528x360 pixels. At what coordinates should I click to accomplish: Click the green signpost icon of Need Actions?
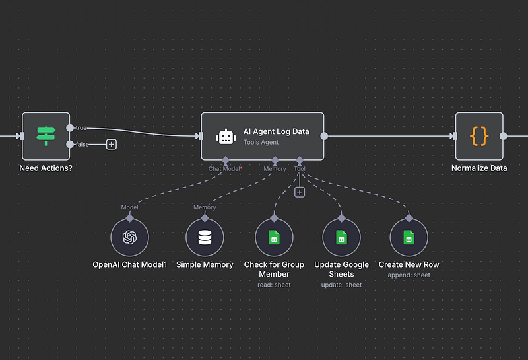pyautogui.click(x=46, y=135)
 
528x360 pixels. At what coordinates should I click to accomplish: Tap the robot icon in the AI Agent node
pyautogui.click(x=226, y=137)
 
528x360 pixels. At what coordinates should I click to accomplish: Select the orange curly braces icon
pyautogui.click(x=479, y=135)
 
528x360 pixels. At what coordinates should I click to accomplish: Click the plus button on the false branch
pyautogui.click(x=112, y=144)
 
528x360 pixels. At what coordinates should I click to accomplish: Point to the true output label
pyautogui.click(x=81, y=127)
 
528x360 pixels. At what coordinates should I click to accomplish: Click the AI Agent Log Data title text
pyautogui.click(x=276, y=131)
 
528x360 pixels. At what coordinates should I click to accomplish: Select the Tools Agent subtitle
pyautogui.click(x=261, y=143)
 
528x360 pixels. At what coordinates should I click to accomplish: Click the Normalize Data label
pyautogui.click(x=479, y=168)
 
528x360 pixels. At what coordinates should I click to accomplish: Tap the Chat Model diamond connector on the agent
pyautogui.click(x=226, y=160)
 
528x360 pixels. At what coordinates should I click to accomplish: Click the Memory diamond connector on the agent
pyautogui.click(x=275, y=160)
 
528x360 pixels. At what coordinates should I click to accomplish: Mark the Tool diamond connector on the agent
pyautogui.click(x=300, y=160)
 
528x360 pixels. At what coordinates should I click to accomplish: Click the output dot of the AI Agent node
pyautogui.click(x=324, y=136)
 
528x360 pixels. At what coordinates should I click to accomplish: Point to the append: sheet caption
pyautogui.click(x=409, y=275)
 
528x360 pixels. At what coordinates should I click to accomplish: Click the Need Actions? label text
pyautogui.click(x=46, y=168)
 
